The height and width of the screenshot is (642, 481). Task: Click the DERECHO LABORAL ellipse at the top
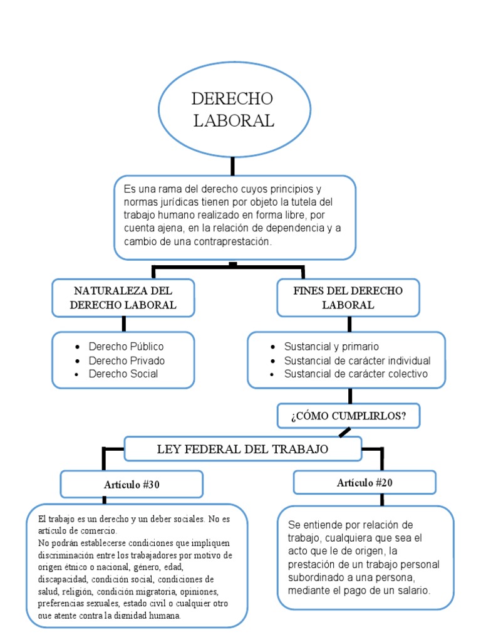pos(233,109)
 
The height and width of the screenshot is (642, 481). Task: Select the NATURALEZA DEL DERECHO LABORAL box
pos(123,298)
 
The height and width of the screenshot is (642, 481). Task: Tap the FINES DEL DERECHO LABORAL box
pos(348,298)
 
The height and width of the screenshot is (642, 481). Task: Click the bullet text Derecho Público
pos(126,347)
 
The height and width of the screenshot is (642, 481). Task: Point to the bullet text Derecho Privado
pos(127,360)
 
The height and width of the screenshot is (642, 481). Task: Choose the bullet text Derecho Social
pos(123,374)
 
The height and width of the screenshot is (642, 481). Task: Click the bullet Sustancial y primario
pos(331,347)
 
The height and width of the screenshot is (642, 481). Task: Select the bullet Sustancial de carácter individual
pos(357,360)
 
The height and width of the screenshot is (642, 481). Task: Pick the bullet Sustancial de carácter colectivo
pos(356,374)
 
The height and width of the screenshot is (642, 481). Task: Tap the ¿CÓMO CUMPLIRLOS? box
pos(348,415)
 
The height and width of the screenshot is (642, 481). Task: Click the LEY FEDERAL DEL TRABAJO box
pos(243,449)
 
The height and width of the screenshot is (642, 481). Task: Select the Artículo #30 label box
pos(132,484)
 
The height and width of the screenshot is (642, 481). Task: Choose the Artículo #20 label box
pos(365,483)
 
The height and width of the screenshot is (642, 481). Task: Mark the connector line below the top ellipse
pos(232,166)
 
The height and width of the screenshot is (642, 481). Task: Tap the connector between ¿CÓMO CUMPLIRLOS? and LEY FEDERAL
pos(344,433)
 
